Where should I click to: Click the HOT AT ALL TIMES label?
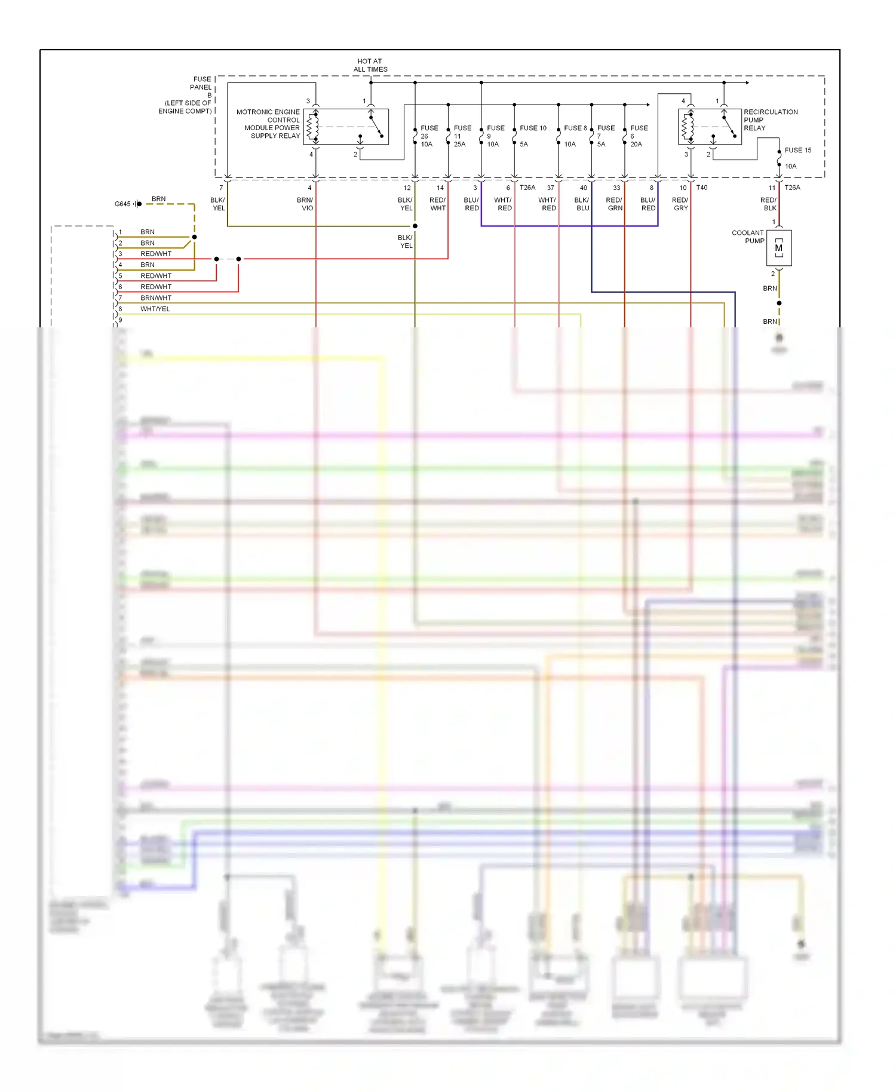pos(370,65)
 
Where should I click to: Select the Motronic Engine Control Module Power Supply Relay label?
pos(269,124)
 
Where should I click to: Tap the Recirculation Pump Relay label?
pos(770,120)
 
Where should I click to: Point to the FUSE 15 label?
pos(797,151)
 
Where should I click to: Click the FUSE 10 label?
pos(533,128)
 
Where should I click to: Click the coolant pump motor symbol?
pos(779,248)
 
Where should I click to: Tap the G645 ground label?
pos(122,204)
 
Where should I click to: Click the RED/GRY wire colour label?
pos(680,204)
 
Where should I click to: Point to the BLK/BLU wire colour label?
pos(582,204)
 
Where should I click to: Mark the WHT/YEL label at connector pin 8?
pos(155,309)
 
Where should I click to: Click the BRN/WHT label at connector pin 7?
pos(156,298)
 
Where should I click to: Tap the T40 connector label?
pos(702,188)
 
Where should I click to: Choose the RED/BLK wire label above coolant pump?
pos(768,204)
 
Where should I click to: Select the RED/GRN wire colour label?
pos(615,204)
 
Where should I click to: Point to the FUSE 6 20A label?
pos(638,136)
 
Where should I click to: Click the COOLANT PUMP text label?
pos(748,237)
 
